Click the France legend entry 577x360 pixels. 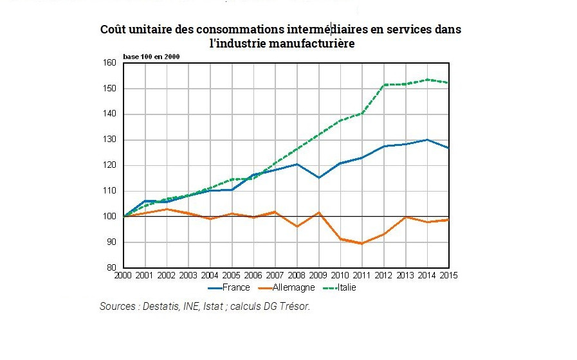tap(232, 287)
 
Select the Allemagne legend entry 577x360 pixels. tap(289, 287)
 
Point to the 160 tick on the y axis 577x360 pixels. tap(109, 62)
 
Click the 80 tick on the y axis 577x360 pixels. tap(111, 268)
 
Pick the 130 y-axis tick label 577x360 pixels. tap(109, 139)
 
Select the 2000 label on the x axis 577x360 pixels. tap(123, 276)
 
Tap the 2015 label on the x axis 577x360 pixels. tap(448, 276)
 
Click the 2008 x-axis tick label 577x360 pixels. tap(297, 276)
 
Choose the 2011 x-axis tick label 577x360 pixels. tap(362, 276)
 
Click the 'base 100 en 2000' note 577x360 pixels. tap(152, 57)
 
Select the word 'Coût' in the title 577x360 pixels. tap(114, 30)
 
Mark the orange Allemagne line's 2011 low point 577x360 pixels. tap(362, 244)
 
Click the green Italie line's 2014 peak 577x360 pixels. tap(426, 80)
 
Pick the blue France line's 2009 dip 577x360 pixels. tap(318, 177)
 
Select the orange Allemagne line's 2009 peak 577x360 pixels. tap(318, 212)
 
